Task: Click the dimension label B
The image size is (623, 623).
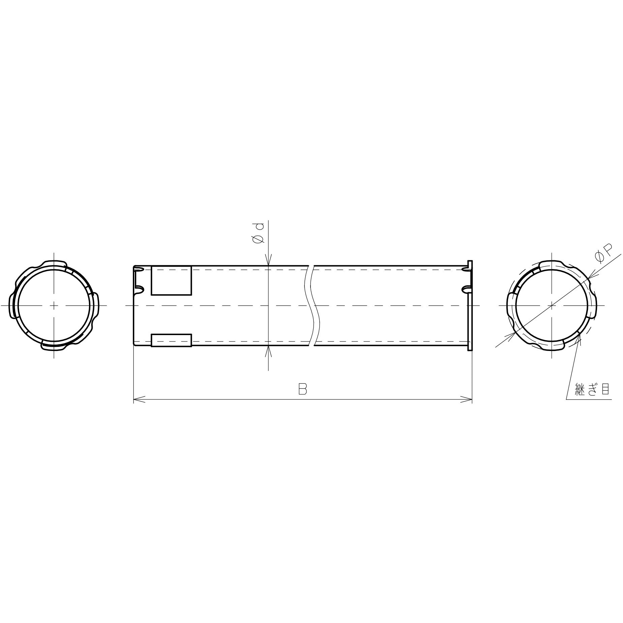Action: [x=302, y=389]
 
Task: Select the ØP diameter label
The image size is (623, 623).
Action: [x=603, y=254]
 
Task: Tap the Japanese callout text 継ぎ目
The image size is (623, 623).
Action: [x=592, y=389]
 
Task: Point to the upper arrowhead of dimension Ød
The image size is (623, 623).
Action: [x=268, y=261]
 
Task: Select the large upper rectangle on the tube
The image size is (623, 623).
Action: [x=171, y=280]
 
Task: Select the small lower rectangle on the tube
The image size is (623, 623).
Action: [x=171, y=340]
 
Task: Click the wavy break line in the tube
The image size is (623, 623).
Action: [x=311, y=305]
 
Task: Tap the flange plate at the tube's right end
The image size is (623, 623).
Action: [x=470, y=305]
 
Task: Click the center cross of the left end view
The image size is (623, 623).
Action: [x=54, y=305]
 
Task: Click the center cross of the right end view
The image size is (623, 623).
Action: [x=552, y=305]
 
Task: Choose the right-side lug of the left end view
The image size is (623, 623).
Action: [x=96, y=305]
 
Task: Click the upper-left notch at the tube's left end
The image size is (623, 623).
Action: [x=139, y=269]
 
